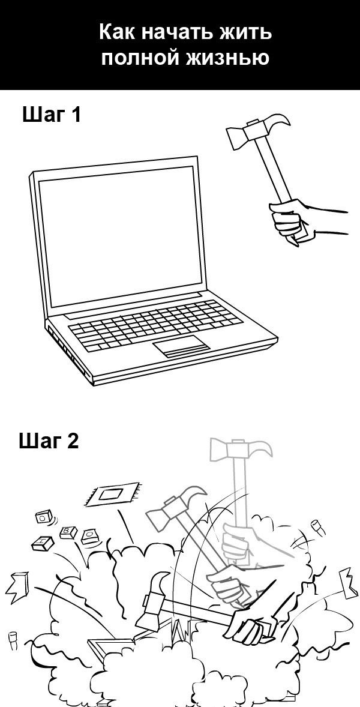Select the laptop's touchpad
(181, 346)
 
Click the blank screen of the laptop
(121, 236)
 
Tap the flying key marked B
(68, 532)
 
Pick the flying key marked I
(43, 543)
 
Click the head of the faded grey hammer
(241, 450)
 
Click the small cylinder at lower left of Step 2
(12, 641)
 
